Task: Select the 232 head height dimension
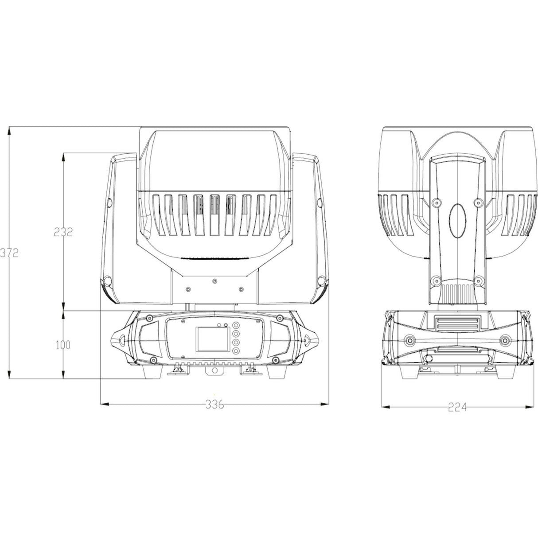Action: click(63, 232)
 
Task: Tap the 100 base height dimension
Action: click(63, 345)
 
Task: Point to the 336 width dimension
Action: click(214, 404)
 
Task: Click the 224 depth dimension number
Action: click(457, 407)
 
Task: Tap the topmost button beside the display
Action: click(236, 325)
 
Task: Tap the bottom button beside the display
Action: click(236, 351)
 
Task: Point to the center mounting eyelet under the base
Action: click(214, 370)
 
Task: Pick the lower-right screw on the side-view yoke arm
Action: click(478, 280)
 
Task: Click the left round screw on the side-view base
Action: click(410, 340)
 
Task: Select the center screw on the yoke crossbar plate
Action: click(214, 281)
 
